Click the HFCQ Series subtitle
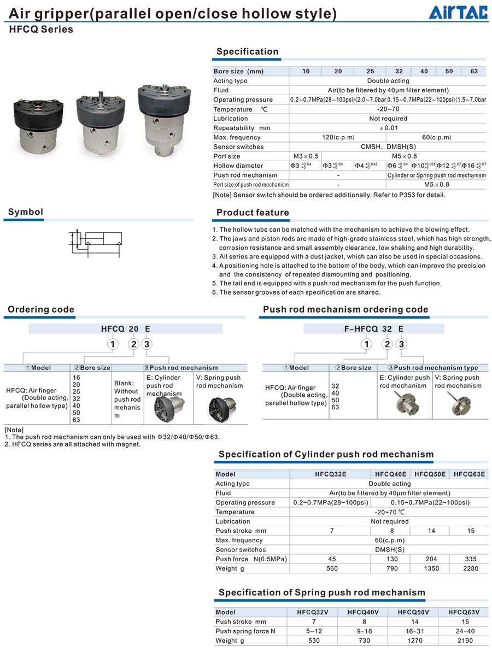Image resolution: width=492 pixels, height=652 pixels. pyautogui.click(x=41, y=30)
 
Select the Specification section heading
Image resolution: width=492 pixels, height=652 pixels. pyautogui.click(x=247, y=52)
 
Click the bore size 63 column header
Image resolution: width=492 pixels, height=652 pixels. pyautogui.click(x=474, y=72)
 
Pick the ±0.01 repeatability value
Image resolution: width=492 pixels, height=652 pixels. pyautogui.click(x=388, y=128)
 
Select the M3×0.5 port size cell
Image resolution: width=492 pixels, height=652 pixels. pyautogui.click(x=306, y=156)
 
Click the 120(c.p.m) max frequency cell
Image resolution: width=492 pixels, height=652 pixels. pyautogui.click(x=338, y=137)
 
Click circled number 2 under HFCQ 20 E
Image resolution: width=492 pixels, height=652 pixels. pyautogui.click(x=133, y=344)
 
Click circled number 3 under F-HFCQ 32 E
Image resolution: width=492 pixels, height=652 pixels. pyautogui.click(x=402, y=344)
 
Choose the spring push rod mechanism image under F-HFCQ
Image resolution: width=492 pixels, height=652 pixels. pyautogui.click(x=455, y=403)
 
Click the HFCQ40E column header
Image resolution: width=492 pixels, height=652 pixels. pyautogui.click(x=390, y=474)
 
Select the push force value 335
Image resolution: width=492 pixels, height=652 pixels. pyautogui.click(x=470, y=559)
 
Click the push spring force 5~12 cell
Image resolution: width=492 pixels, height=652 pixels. pyautogui.click(x=312, y=631)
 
